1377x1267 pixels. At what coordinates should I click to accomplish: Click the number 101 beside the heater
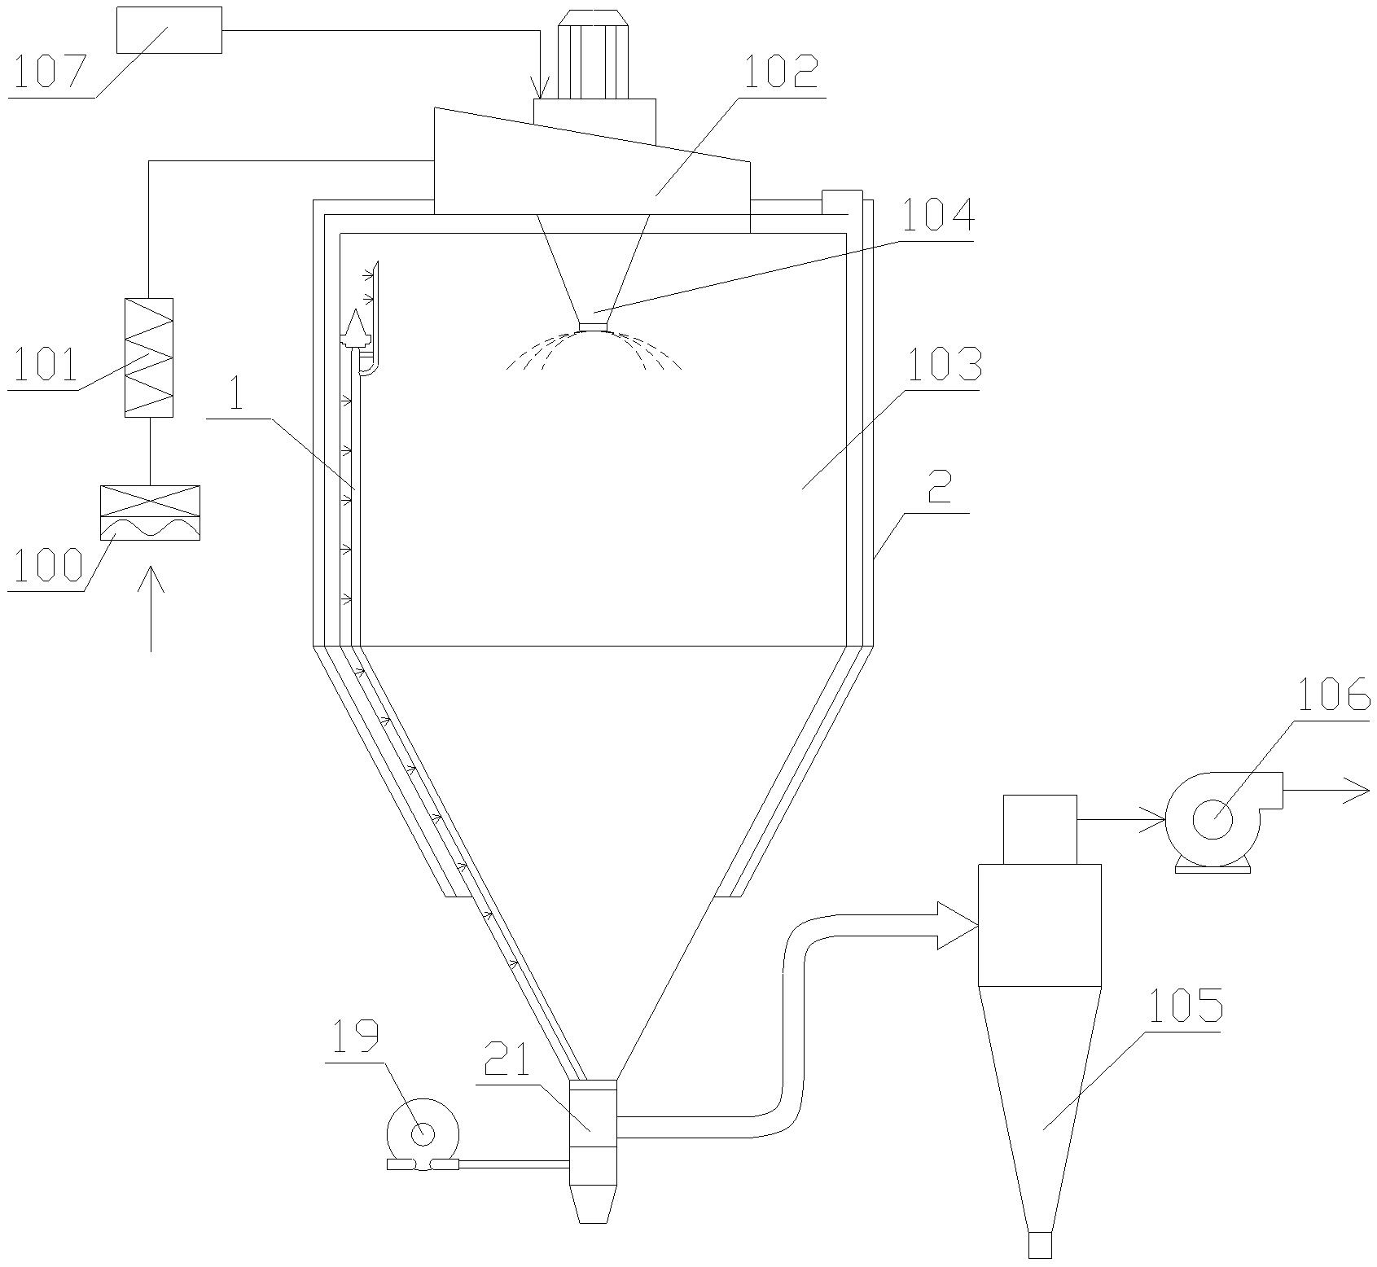coord(42,366)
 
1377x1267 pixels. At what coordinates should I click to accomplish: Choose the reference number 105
coord(1184,1007)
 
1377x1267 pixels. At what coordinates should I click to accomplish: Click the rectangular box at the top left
coord(169,30)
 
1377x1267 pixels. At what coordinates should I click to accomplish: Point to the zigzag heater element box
coord(149,357)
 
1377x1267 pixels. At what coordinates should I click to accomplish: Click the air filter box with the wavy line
coord(149,512)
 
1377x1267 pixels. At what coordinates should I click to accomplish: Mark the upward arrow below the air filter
coord(151,607)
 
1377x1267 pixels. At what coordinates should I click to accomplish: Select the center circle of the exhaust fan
coord(1212,818)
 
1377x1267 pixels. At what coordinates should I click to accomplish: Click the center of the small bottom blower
coord(423,1133)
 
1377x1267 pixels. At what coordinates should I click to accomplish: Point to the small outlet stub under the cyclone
coord(1040,1245)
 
